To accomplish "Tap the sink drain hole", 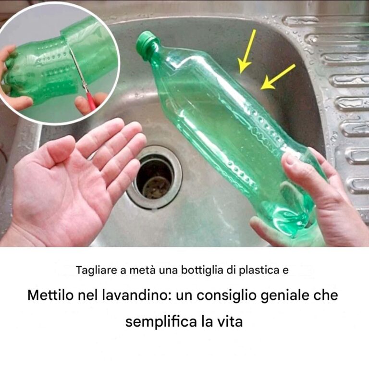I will (x=154, y=177).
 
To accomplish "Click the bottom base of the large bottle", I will (x=292, y=221).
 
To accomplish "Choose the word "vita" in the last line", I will (x=231, y=321).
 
